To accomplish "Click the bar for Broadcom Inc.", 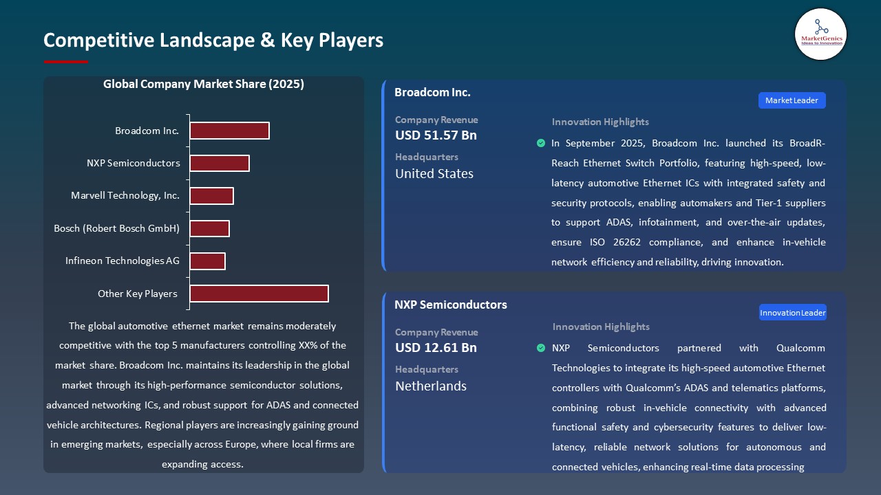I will click(x=229, y=131).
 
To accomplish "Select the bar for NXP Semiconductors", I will click(x=220, y=163).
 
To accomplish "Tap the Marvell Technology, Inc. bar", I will click(x=211, y=196).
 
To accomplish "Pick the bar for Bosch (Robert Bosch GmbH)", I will click(x=209, y=228).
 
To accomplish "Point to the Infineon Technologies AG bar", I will click(x=207, y=261).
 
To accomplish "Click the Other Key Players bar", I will click(x=259, y=294).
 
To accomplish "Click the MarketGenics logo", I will click(x=821, y=34).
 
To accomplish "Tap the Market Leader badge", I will click(x=792, y=100).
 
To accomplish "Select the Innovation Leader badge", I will click(x=792, y=313).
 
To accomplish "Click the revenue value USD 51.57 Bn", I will click(x=436, y=135).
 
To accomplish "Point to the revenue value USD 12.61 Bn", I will click(x=436, y=348).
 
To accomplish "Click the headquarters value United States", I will click(x=434, y=174).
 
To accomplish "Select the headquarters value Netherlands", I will click(x=431, y=386).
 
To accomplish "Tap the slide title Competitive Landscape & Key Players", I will click(x=213, y=41).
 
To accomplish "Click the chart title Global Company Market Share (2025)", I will click(x=204, y=85).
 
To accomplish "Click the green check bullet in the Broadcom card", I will click(x=541, y=144).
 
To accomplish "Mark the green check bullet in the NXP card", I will click(x=541, y=348).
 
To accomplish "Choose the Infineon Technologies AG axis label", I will click(x=123, y=261).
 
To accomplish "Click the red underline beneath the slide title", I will click(x=66, y=62).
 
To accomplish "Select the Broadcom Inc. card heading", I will click(x=432, y=92).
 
